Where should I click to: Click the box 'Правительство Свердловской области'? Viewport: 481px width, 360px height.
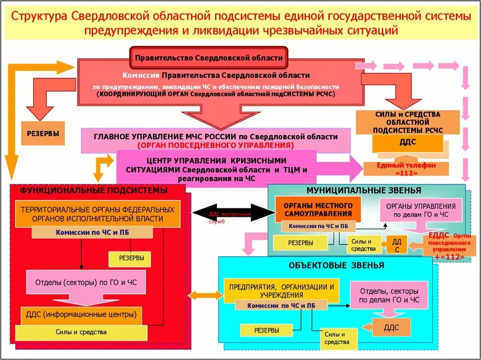[x=209, y=58]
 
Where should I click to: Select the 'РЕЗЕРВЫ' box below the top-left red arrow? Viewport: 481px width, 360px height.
[x=43, y=133]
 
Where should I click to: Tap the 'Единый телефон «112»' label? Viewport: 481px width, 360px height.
[x=406, y=169]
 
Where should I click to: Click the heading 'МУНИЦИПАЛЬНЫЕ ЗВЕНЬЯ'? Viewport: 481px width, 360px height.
[x=364, y=191]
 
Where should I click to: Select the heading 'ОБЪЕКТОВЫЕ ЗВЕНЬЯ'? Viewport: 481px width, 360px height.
[x=336, y=266]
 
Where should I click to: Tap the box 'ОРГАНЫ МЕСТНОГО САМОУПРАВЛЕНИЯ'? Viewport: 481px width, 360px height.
[x=318, y=209]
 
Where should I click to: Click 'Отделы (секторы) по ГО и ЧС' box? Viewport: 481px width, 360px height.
[x=85, y=283]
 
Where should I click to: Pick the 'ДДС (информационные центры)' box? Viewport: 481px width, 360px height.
[x=82, y=314]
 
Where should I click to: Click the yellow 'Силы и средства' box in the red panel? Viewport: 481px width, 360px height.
[x=81, y=332]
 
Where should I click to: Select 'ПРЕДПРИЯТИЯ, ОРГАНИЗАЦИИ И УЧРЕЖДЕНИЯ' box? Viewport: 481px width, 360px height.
[x=281, y=290]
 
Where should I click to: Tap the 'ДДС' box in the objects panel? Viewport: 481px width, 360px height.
[x=391, y=327]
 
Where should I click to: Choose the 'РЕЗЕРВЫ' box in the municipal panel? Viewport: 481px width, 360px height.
[x=301, y=243]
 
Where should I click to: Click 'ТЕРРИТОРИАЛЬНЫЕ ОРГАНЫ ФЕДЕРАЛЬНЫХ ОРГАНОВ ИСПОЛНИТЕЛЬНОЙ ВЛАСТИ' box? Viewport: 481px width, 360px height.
[x=98, y=214]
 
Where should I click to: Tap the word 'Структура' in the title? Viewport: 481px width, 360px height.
[x=39, y=16]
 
